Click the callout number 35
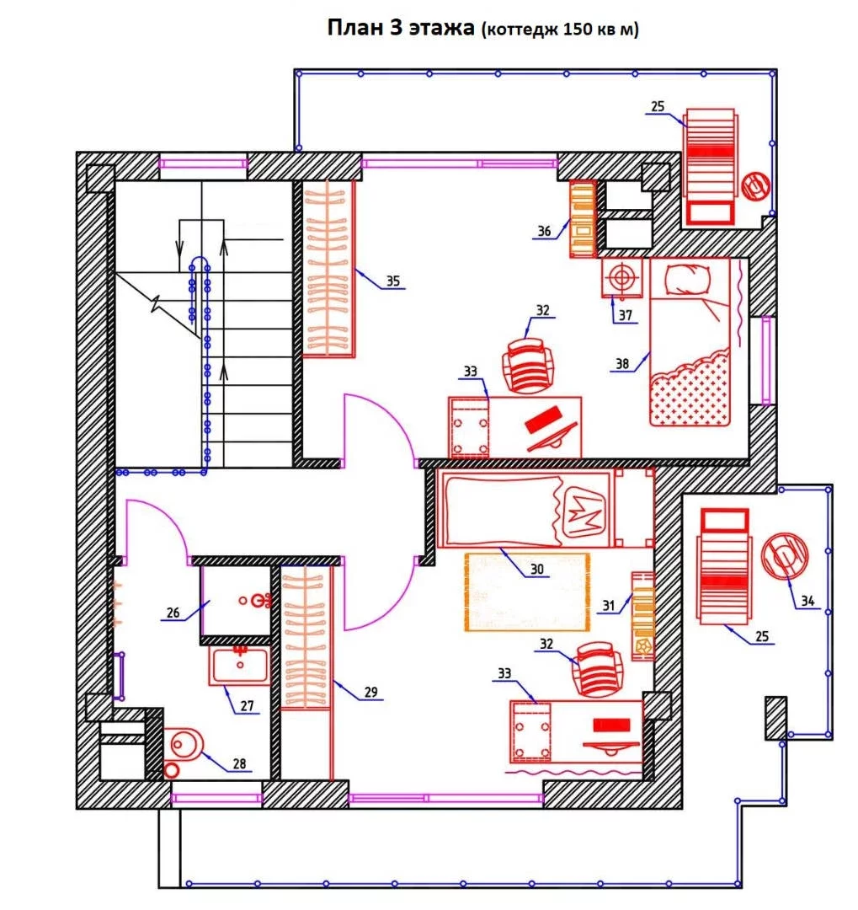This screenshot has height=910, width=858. pos(393,281)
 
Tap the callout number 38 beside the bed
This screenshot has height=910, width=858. pos(622,364)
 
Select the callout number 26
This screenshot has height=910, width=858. pos(173,613)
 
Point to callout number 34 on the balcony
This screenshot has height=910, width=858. pos(807,602)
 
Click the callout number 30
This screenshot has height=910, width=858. pos(537,570)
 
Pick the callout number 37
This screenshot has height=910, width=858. pos(625,315)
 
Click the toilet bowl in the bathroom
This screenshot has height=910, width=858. pos(184,744)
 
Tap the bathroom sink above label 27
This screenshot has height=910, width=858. pos(240,666)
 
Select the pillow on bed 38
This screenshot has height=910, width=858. pos(687,281)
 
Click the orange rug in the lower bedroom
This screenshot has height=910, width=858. pos(527,592)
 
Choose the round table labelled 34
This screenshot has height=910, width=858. pos(784,557)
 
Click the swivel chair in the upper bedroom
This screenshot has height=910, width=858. pos(528,367)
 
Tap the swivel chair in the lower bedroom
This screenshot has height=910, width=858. pos(598,668)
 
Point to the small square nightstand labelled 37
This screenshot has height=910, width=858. pos(622,277)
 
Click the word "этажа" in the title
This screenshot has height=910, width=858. pos(441,27)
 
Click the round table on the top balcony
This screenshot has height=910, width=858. pos(756,186)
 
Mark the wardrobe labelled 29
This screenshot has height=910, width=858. pos(306,638)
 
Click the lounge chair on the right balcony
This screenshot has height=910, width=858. pos(724,566)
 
